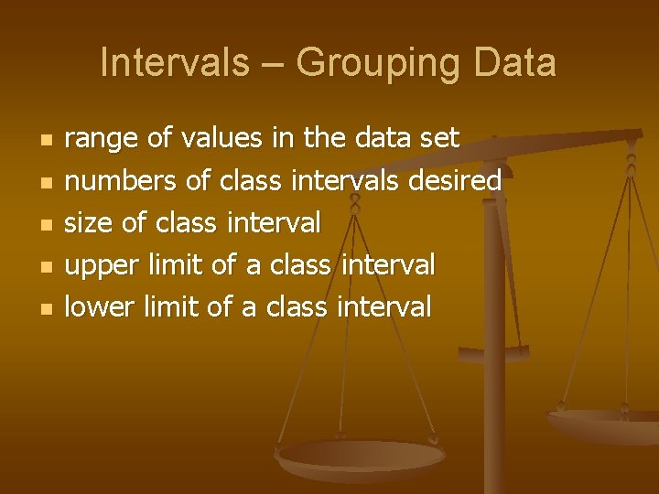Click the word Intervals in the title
click(x=174, y=63)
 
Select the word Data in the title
click(x=518, y=63)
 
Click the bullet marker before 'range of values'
click(x=47, y=141)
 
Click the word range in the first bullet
click(x=102, y=139)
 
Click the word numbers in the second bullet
click(x=120, y=181)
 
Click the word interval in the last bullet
click(x=384, y=306)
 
